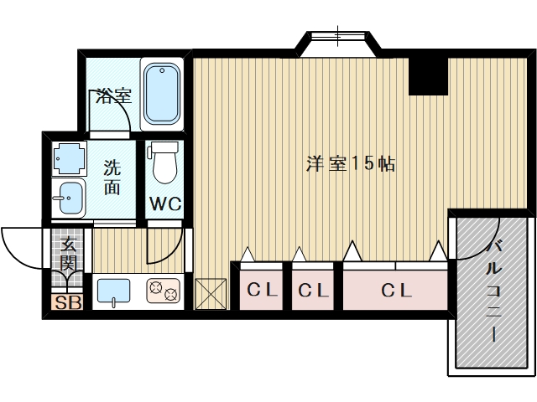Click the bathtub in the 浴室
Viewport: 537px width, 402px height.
[162, 94]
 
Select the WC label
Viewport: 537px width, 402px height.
[165, 204]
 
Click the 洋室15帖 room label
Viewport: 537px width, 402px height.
[351, 164]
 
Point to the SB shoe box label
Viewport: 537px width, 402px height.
[68, 302]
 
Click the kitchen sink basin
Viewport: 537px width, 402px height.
[114, 291]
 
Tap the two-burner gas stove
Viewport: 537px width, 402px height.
[163, 291]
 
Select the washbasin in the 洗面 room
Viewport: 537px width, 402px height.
[69, 198]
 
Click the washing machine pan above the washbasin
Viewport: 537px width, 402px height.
[69, 158]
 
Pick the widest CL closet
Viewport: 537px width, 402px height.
[395, 290]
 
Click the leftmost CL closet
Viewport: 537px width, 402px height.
[261, 290]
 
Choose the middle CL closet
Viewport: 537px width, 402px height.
[313, 290]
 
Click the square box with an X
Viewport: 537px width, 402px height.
[211, 294]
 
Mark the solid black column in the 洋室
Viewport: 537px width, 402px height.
[429, 76]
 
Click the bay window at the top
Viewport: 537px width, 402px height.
[338, 44]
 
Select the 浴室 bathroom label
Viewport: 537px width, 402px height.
[114, 96]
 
